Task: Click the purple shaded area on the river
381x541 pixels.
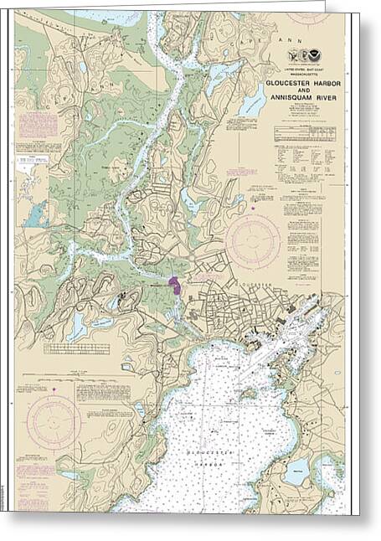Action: tap(175, 286)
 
